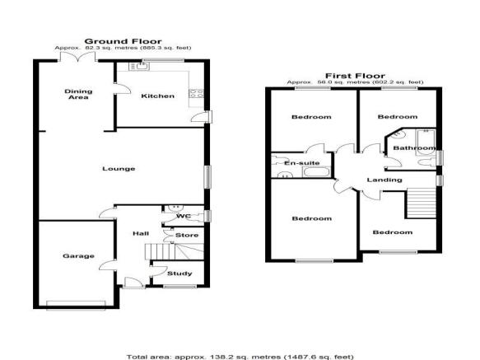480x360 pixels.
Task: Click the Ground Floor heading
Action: tap(123, 41)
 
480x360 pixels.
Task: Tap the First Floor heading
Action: tap(355, 76)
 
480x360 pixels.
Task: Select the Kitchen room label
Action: tap(157, 96)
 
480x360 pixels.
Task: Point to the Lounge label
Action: tap(119, 169)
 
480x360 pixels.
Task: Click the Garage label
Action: tap(78, 256)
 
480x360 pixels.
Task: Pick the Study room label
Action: tap(179, 274)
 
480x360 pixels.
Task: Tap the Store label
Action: tap(187, 236)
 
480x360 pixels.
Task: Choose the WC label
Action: tap(184, 216)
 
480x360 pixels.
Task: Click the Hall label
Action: tap(141, 234)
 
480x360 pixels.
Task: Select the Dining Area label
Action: tap(78, 95)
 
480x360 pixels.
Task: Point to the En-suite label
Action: tap(302, 163)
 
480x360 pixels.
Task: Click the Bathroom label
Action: tap(414, 148)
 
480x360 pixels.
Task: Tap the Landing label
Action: tap(384, 180)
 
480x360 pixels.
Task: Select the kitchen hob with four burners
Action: tap(197, 93)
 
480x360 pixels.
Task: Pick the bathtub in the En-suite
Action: tap(316, 172)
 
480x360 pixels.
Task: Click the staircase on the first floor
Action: tap(421, 203)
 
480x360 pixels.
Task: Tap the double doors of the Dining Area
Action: tap(78, 58)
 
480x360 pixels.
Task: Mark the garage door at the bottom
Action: tap(76, 304)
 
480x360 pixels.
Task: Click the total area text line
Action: tap(240, 357)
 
